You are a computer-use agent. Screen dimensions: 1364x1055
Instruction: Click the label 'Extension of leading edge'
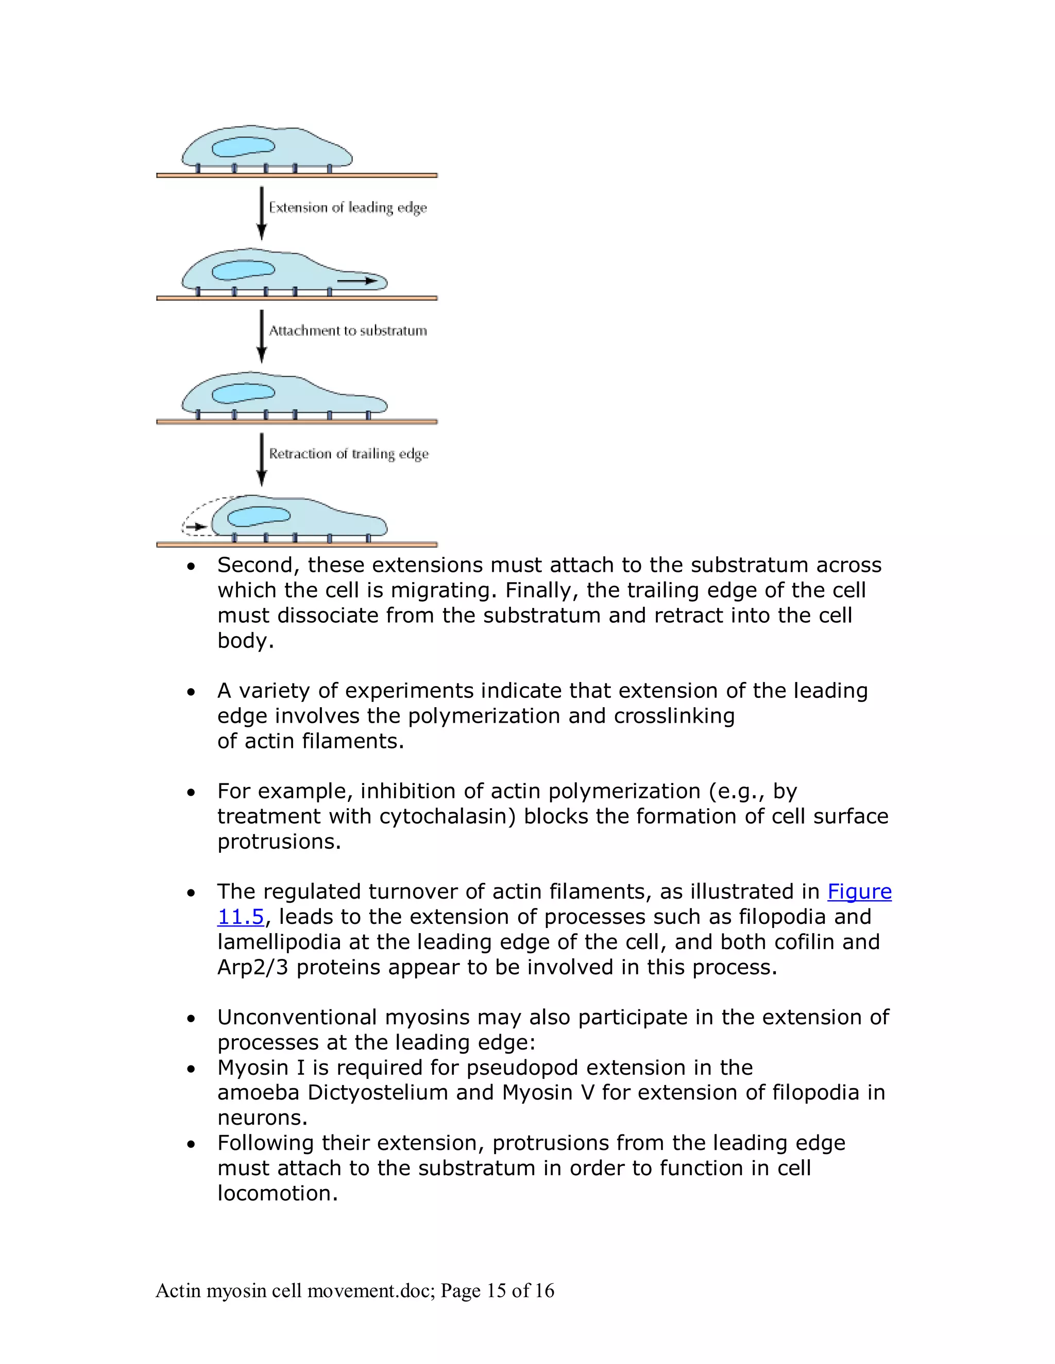pyautogui.click(x=348, y=207)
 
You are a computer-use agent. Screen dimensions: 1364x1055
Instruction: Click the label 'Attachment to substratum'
pyautogui.click(x=348, y=330)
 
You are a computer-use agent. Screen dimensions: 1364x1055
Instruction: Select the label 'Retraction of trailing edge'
pyautogui.click(x=349, y=453)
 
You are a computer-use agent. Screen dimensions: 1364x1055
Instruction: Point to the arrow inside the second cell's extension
pyautogui.click(x=358, y=281)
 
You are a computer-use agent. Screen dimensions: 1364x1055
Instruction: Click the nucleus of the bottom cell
pyautogui.click(x=259, y=515)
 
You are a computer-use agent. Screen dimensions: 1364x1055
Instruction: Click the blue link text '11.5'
pyautogui.click(x=241, y=917)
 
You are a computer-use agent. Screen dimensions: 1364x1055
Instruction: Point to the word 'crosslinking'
pyautogui.click(x=674, y=716)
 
